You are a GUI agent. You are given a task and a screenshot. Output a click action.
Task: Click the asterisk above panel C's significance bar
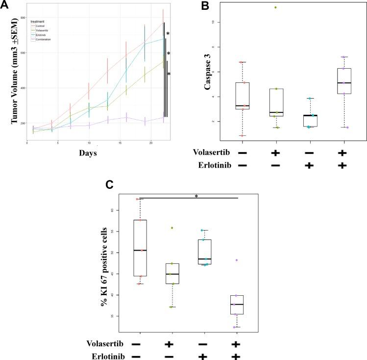(196, 196)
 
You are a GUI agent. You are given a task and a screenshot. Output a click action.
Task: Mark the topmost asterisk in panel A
(168, 34)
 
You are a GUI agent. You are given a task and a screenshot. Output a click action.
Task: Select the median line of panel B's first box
(242, 105)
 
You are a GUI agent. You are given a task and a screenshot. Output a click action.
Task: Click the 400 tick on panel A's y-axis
(22, 88)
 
